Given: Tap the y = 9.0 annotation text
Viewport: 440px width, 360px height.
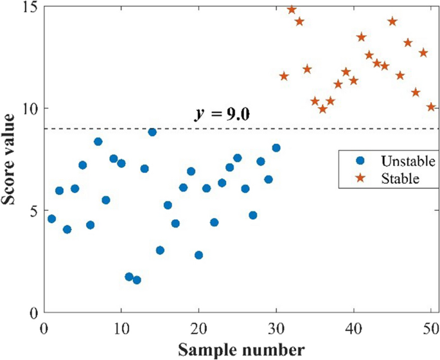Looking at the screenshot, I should tap(222, 114).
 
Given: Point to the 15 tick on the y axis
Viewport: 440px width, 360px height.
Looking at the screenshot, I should tap(30, 7).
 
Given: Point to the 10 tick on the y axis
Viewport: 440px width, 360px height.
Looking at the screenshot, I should tap(30, 109).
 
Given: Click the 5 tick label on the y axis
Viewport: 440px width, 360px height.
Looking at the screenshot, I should tap(33, 211).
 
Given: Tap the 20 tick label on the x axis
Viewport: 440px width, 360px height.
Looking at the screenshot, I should tap(198, 327).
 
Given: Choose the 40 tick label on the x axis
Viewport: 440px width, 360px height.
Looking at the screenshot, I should tap(353, 327).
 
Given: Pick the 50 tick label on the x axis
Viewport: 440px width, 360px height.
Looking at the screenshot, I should tap(430, 327).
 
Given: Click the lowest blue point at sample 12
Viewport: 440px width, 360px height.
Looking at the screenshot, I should tap(137, 280).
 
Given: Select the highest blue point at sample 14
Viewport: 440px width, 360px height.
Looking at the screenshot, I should tap(152, 132).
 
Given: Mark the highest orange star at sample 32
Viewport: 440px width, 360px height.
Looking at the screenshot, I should tap(292, 10).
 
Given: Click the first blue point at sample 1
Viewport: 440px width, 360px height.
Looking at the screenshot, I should tap(51, 219).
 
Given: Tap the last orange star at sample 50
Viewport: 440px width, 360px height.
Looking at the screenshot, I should tap(431, 107).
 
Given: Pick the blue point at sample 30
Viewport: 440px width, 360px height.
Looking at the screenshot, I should tap(276, 148).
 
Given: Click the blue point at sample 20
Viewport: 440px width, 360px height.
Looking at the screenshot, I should tap(198, 255).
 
